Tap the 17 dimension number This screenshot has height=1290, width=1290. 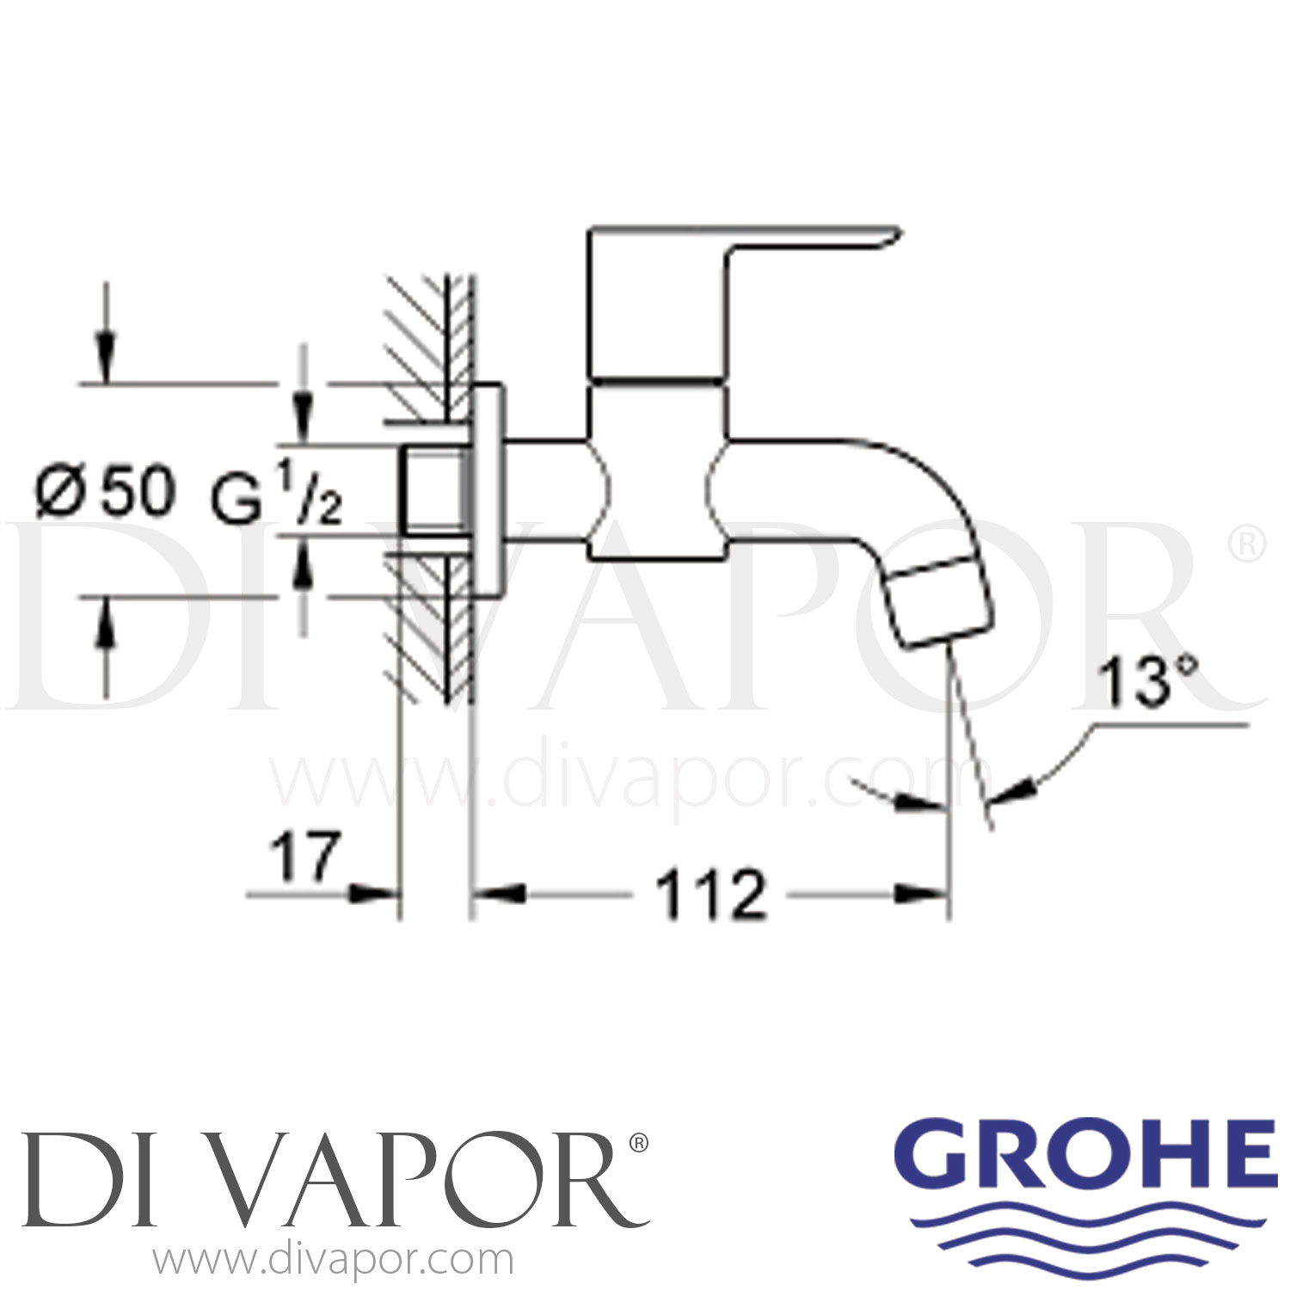(305, 857)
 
